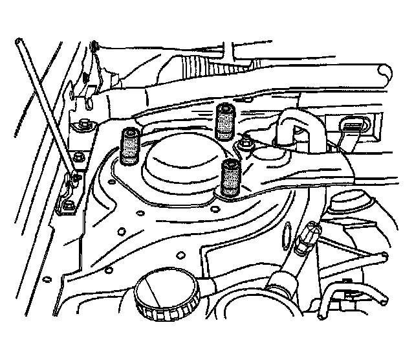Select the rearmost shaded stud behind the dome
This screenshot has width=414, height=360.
[224, 120]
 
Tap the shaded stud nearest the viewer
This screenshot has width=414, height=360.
[230, 179]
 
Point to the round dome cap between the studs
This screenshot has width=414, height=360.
[179, 164]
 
